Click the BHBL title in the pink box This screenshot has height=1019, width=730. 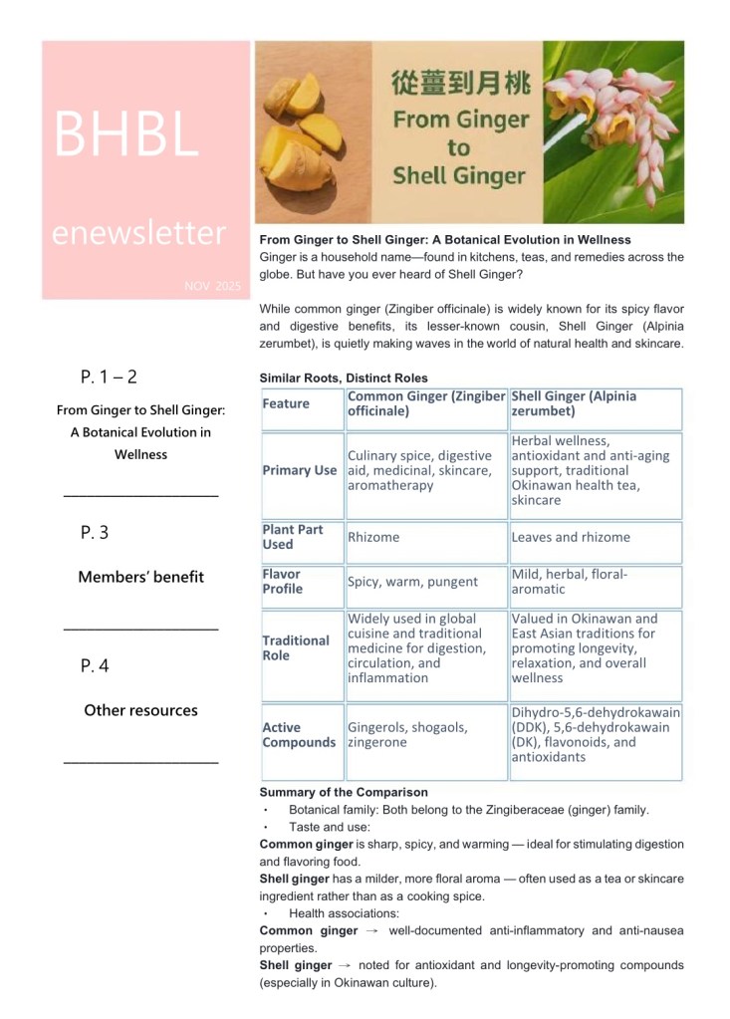(126, 133)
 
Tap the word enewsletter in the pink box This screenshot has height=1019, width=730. (138, 233)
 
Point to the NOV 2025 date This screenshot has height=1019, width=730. (212, 286)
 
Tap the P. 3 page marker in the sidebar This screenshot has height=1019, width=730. (95, 533)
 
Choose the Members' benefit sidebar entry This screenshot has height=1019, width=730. (140, 577)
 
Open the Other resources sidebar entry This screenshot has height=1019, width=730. (140, 710)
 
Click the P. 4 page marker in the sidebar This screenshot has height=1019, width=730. (95, 666)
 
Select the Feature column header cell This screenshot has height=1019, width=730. (286, 403)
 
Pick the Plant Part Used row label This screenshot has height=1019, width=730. (293, 537)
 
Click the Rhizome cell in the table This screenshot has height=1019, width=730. (373, 537)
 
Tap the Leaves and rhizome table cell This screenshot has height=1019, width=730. (571, 537)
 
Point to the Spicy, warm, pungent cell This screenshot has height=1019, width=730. (412, 582)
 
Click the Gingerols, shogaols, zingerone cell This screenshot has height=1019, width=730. (407, 735)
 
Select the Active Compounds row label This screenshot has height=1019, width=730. (299, 735)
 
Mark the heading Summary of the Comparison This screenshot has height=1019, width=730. (344, 792)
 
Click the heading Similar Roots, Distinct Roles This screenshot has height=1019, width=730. (344, 378)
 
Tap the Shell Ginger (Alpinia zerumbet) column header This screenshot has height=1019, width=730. (574, 403)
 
